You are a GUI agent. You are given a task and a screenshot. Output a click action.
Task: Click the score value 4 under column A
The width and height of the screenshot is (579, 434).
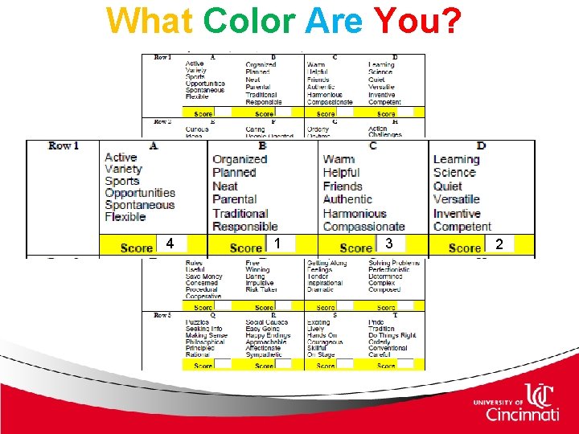pyautogui.click(x=170, y=244)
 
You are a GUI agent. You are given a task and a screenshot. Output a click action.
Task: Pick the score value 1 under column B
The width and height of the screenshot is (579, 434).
pyautogui.click(x=277, y=244)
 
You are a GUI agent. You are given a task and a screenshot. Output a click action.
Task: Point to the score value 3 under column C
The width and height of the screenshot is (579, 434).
pyautogui.click(x=388, y=244)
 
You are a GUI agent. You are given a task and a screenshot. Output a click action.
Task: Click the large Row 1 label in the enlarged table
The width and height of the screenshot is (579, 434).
pyautogui.click(x=64, y=145)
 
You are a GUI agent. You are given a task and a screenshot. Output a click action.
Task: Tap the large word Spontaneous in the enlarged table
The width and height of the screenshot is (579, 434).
pyautogui.click(x=139, y=205)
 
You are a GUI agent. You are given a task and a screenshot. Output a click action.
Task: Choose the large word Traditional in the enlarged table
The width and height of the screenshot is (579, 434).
pyautogui.click(x=240, y=214)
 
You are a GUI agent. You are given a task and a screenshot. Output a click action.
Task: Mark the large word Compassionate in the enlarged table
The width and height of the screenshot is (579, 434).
pyautogui.click(x=363, y=227)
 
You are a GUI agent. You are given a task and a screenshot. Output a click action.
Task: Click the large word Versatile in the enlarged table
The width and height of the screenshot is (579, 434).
pyautogui.click(x=456, y=199)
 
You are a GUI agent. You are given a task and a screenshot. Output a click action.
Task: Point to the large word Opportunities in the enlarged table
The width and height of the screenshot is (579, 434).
pyautogui.click(x=139, y=193)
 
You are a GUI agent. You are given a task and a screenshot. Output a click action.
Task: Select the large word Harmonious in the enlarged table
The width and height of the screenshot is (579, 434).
pyautogui.click(x=355, y=214)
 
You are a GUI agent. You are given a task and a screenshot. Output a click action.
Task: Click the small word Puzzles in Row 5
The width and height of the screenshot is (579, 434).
pyautogui.click(x=197, y=321)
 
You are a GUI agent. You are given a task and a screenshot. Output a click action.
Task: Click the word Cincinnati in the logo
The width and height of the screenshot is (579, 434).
pyautogui.click(x=522, y=414)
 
